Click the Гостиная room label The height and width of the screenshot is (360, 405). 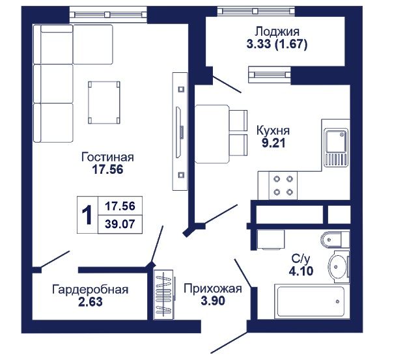pos(107,157)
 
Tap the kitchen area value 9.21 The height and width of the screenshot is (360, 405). pos(273,143)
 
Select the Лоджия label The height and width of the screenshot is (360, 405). pos(277,31)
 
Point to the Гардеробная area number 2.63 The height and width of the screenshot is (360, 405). pos(91,301)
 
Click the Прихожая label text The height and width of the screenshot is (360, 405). pos(213,289)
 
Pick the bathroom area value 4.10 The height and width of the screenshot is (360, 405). pos(301,271)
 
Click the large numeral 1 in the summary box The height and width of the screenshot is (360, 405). pos(87,215)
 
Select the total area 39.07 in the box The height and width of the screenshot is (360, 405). pos(120,224)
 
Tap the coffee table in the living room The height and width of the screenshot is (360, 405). pos(104,102)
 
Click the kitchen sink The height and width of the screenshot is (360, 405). pos(336,147)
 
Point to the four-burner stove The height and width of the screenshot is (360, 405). pos(283,186)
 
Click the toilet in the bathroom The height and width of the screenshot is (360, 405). pos(335,240)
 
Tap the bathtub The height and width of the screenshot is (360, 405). pos(311,301)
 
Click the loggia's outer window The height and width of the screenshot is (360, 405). pos(256,11)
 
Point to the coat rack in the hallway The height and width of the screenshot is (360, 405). pos(164,294)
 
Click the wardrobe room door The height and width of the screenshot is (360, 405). pos(55,259)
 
